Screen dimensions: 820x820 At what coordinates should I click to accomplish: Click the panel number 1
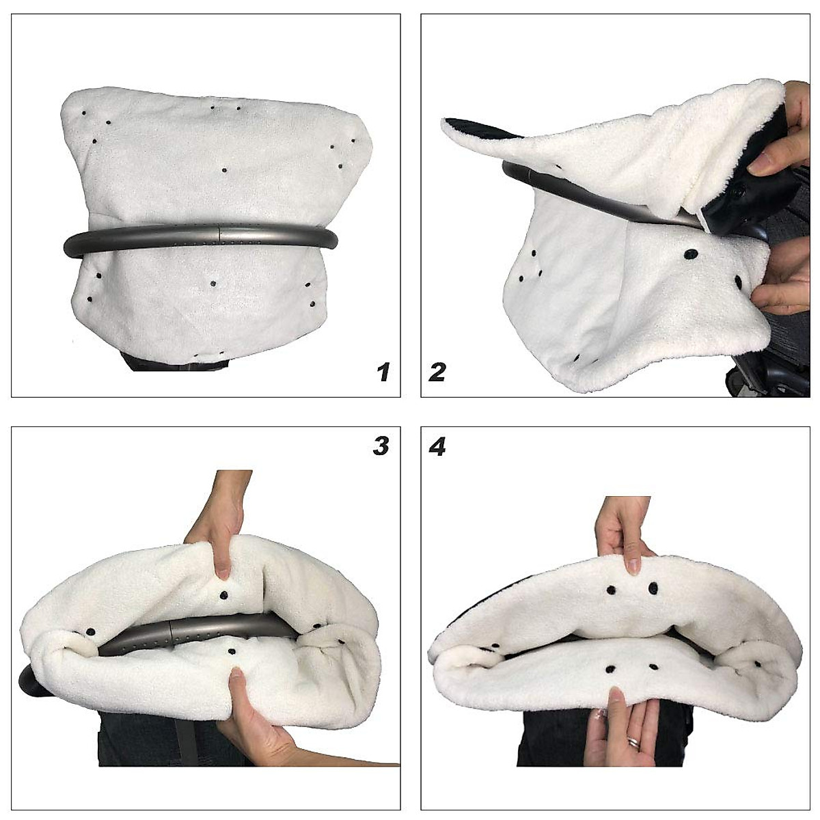[383, 372]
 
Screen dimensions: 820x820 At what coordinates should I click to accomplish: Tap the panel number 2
[437, 372]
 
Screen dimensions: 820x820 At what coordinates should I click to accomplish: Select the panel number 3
[381, 446]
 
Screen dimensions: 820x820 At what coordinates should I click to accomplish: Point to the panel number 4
[437, 447]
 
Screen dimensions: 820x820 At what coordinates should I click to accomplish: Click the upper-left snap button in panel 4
[610, 589]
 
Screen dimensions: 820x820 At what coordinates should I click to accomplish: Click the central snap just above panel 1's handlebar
[224, 169]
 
